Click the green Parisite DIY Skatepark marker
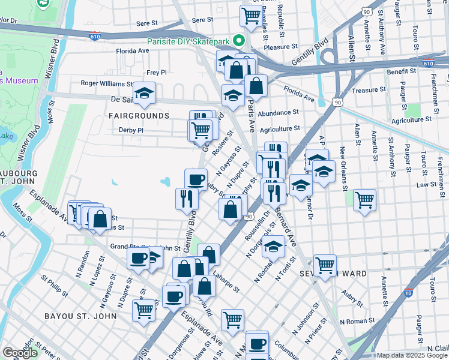[239, 41]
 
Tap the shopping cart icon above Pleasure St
[250, 15]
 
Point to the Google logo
[20, 353]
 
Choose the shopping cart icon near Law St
[364, 199]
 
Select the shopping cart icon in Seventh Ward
[325, 264]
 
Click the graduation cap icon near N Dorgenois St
[274, 246]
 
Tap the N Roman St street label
[357, 322]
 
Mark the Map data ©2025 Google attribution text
[412, 355]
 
